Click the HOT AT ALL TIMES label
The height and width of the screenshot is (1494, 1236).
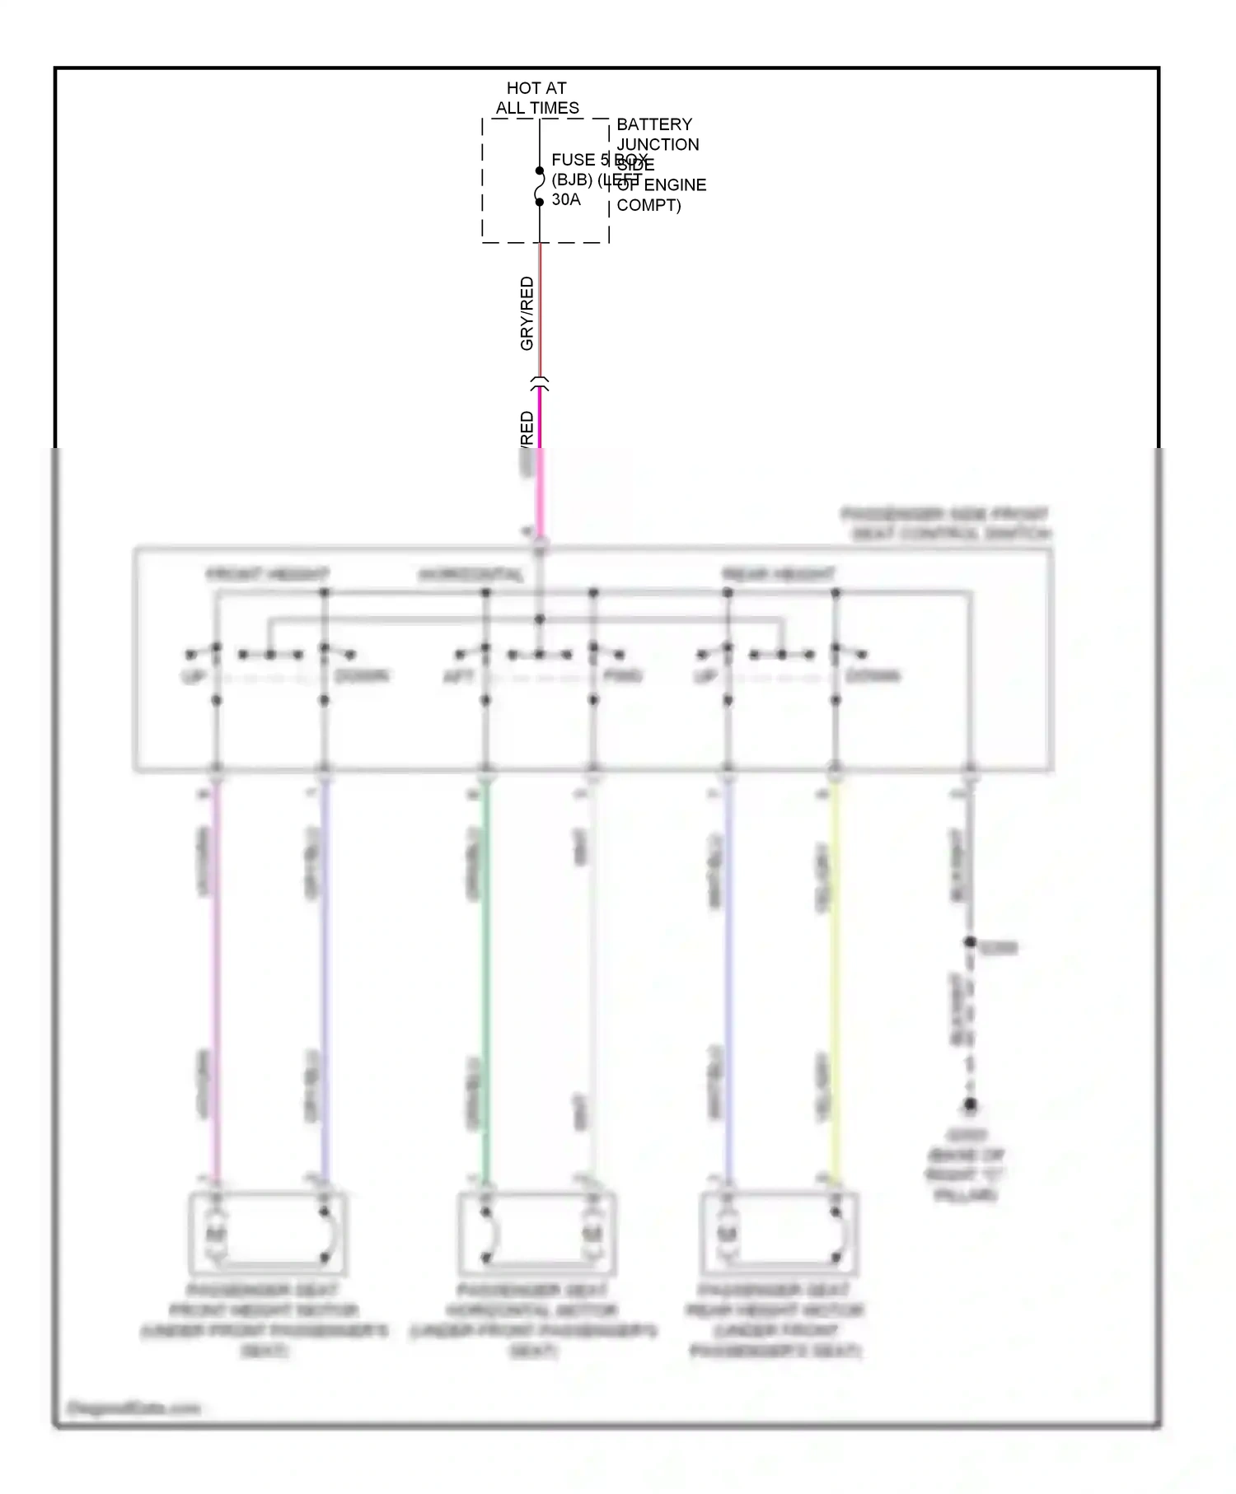click(536, 98)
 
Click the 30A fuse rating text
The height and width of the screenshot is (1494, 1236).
click(566, 200)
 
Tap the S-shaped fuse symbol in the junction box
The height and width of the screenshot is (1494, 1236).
click(540, 187)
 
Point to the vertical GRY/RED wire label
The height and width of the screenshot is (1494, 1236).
click(527, 313)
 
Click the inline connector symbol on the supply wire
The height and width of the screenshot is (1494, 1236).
click(540, 383)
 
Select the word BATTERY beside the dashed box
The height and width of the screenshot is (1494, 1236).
click(654, 124)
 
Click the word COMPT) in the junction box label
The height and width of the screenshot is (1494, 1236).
click(648, 205)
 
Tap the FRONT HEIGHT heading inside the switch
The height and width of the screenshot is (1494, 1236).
click(267, 574)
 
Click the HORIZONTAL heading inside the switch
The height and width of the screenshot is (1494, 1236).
click(471, 574)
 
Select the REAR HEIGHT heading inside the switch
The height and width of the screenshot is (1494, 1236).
click(778, 574)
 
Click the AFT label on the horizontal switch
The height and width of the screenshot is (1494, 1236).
click(458, 676)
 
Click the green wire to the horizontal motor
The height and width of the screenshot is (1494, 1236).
click(485, 980)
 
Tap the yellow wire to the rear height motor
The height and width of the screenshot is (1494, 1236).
click(835, 980)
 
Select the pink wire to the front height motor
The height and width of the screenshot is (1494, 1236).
click(216, 980)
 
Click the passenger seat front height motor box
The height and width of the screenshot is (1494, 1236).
click(268, 1233)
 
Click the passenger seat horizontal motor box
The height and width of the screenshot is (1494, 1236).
click(536, 1233)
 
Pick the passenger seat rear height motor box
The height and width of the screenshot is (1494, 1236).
click(780, 1233)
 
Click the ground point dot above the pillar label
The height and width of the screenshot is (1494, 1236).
click(970, 1104)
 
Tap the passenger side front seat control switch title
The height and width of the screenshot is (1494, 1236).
click(946, 524)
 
